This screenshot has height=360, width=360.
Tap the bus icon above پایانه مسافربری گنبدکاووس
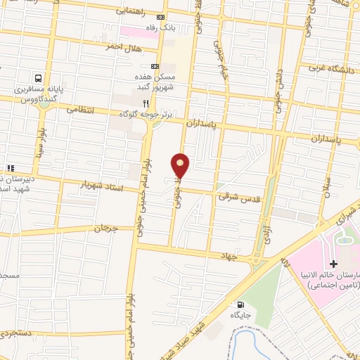39,79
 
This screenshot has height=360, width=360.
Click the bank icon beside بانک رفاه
162,17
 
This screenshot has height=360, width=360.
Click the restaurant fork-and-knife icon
146,103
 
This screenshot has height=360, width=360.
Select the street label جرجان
103,229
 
